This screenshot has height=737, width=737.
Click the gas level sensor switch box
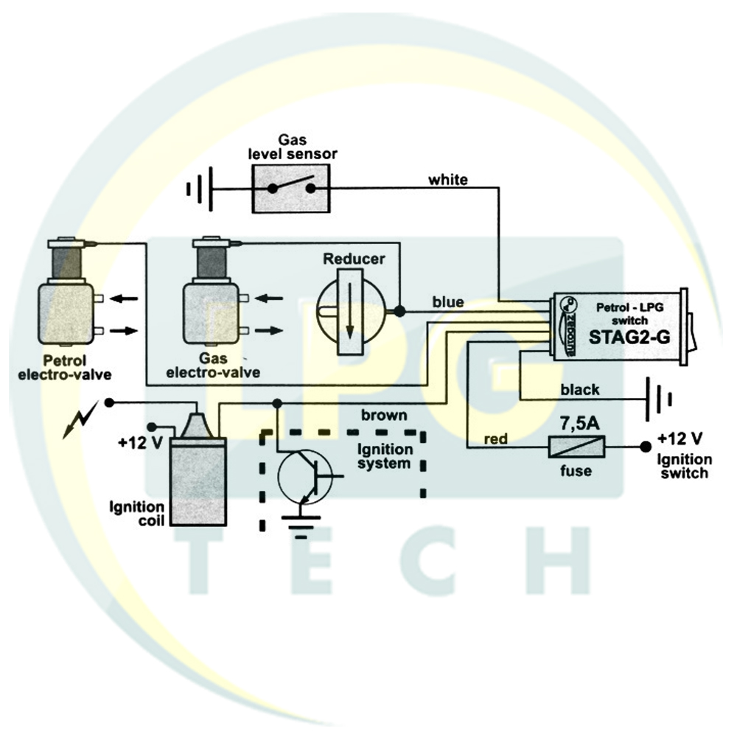click(291, 189)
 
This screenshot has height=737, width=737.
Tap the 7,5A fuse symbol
click(577, 447)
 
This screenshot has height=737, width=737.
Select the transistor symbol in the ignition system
click(304, 476)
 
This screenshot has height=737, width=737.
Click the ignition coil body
click(198, 481)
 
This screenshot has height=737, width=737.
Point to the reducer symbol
click(351, 311)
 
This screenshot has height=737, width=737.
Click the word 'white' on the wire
click(447, 180)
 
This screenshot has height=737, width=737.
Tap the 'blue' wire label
click(448, 302)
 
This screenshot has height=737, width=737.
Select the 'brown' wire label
click(384, 416)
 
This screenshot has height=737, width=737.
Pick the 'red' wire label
click(496, 439)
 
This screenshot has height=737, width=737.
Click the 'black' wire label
click(580, 390)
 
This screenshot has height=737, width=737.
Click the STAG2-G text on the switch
click(629, 338)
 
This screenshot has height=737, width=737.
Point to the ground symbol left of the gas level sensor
click(200, 189)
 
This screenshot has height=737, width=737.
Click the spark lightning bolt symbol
click(81, 420)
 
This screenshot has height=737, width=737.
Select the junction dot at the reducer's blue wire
click(399, 311)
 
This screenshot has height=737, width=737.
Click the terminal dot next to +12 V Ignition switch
click(646, 447)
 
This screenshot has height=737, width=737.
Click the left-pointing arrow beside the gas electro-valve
click(269, 298)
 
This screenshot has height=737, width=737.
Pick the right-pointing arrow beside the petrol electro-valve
click(124, 331)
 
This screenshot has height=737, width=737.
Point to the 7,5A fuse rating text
click(579, 424)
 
